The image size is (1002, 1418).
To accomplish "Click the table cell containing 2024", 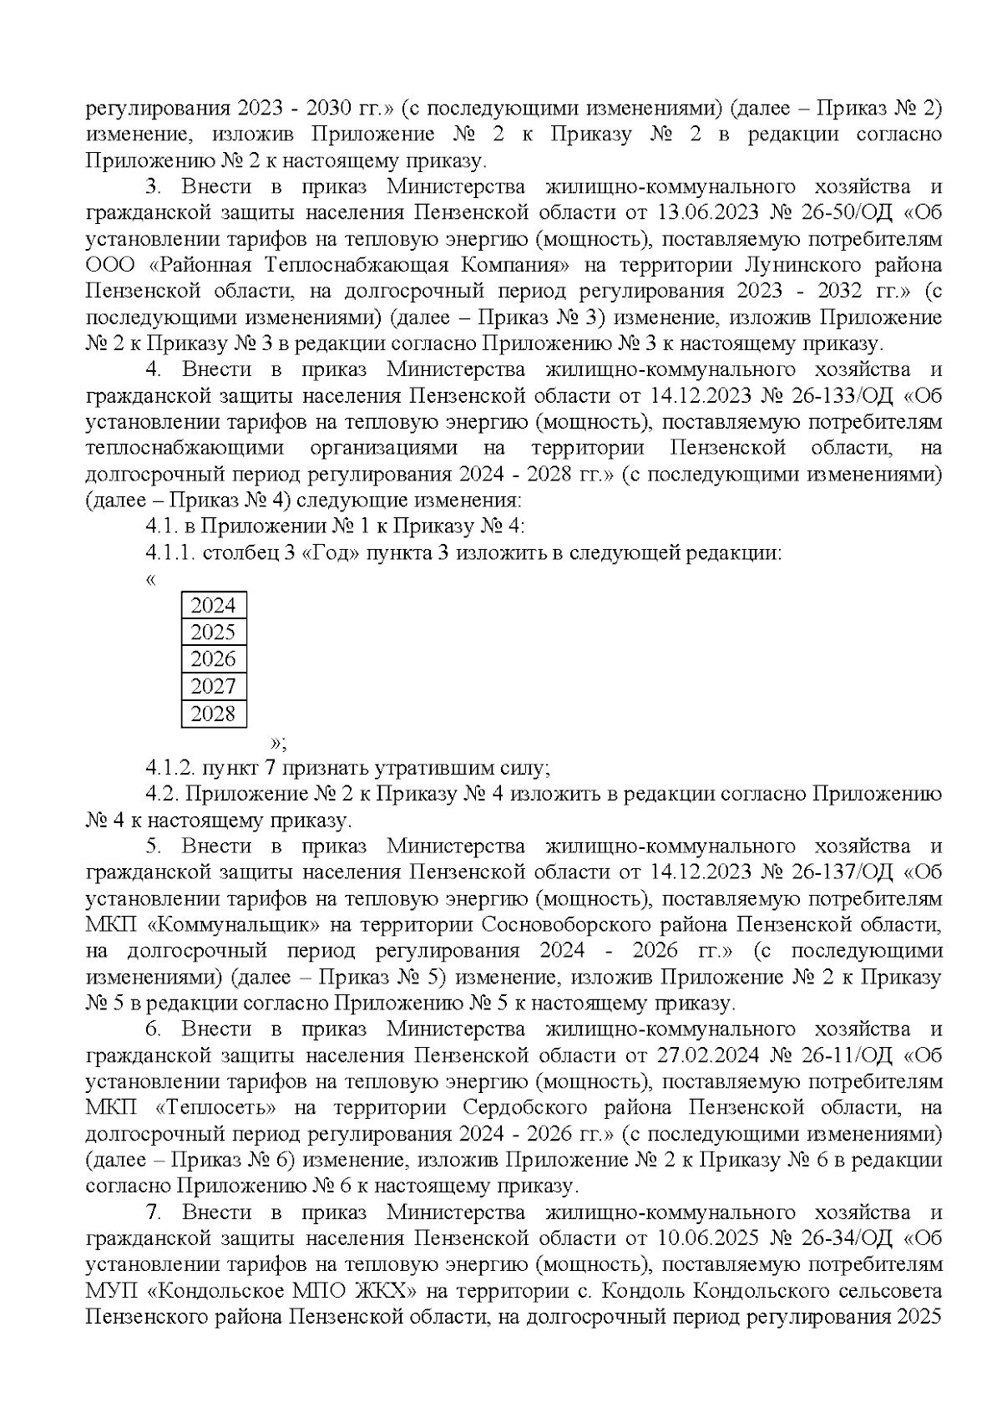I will pyautogui.click(x=213, y=605).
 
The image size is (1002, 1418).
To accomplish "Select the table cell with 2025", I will pyautogui.click(x=213, y=632).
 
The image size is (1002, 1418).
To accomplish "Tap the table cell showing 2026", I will pyautogui.click(x=213, y=659).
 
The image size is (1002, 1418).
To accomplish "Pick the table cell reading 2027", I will pyautogui.click(x=213, y=687).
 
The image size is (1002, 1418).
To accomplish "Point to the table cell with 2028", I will pyautogui.click(x=213, y=714).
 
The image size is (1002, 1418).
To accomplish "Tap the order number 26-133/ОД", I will pyautogui.click(x=838, y=395).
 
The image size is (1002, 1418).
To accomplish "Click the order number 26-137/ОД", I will pyautogui.click(x=838, y=872).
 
